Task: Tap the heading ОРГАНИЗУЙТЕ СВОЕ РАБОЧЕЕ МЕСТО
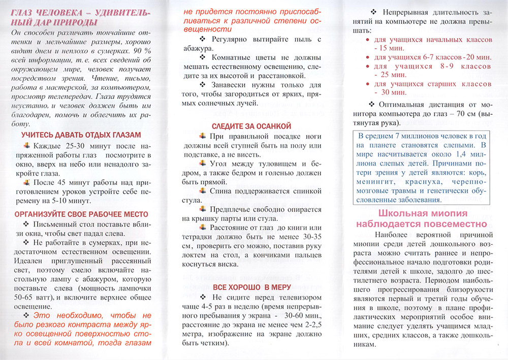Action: [x=81, y=214]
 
